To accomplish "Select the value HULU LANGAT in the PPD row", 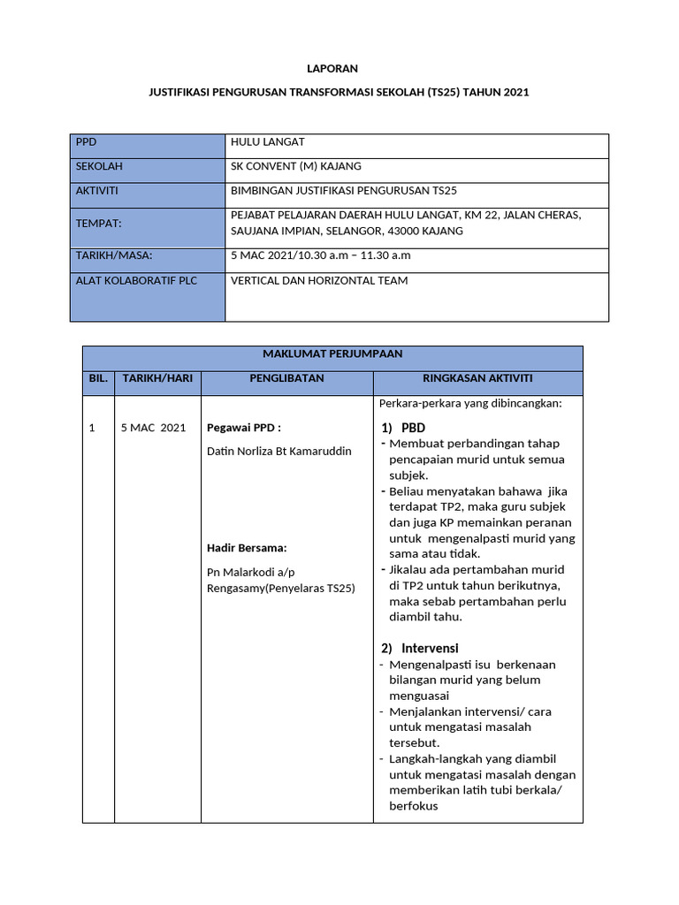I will pyautogui.click(x=267, y=142).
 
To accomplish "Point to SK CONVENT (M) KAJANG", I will pyautogui.click(x=295, y=166).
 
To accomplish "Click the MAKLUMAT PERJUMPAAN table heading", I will pyautogui.click(x=332, y=354).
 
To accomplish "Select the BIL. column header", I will pyautogui.click(x=98, y=378).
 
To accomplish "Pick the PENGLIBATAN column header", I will pyautogui.click(x=287, y=378).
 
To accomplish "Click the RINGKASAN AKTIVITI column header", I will pyautogui.click(x=477, y=378).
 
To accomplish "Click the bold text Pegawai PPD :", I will pyautogui.click(x=243, y=428).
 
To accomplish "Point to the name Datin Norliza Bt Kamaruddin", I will pyautogui.click(x=278, y=452).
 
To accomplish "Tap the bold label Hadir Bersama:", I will pyautogui.click(x=247, y=548).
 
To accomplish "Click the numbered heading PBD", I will pyautogui.click(x=413, y=428).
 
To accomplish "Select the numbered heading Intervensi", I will pyautogui.click(x=429, y=648).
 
